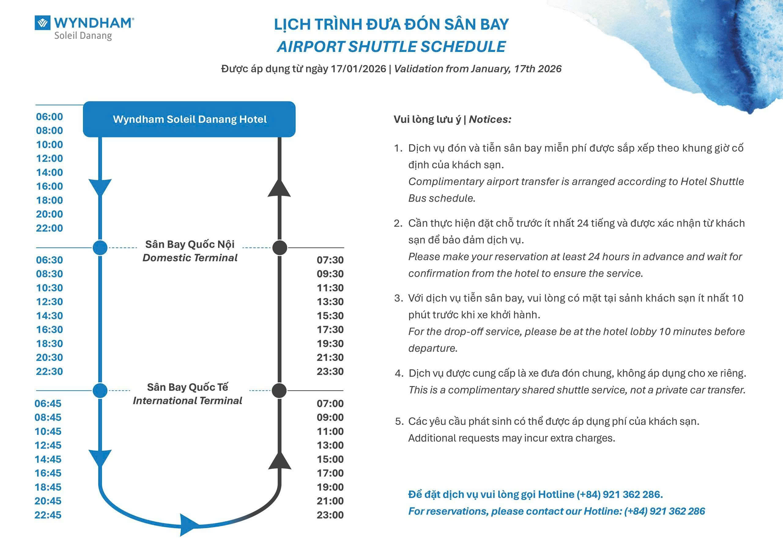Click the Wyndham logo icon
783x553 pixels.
(42, 23)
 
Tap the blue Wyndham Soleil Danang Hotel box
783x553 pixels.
(189, 119)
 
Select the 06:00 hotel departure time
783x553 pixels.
(50, 117)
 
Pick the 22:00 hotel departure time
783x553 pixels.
(50, 228)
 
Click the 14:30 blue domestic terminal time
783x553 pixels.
(50, 316)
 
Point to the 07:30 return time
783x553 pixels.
(330, 260)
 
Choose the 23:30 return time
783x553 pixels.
(330, 372)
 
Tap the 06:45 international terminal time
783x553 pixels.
(48, 403)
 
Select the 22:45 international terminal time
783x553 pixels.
(48, 515)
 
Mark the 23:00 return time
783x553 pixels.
(330, 515)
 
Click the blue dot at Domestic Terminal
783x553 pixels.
(100, 248)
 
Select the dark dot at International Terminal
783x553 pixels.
(280, 391)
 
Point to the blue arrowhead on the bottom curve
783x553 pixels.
(189, 525)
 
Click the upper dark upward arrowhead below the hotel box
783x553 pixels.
(279, 188)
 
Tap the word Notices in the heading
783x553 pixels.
(490, 119)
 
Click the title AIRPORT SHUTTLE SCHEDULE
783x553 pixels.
(391, 47)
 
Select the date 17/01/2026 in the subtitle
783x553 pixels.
(358, 69)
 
